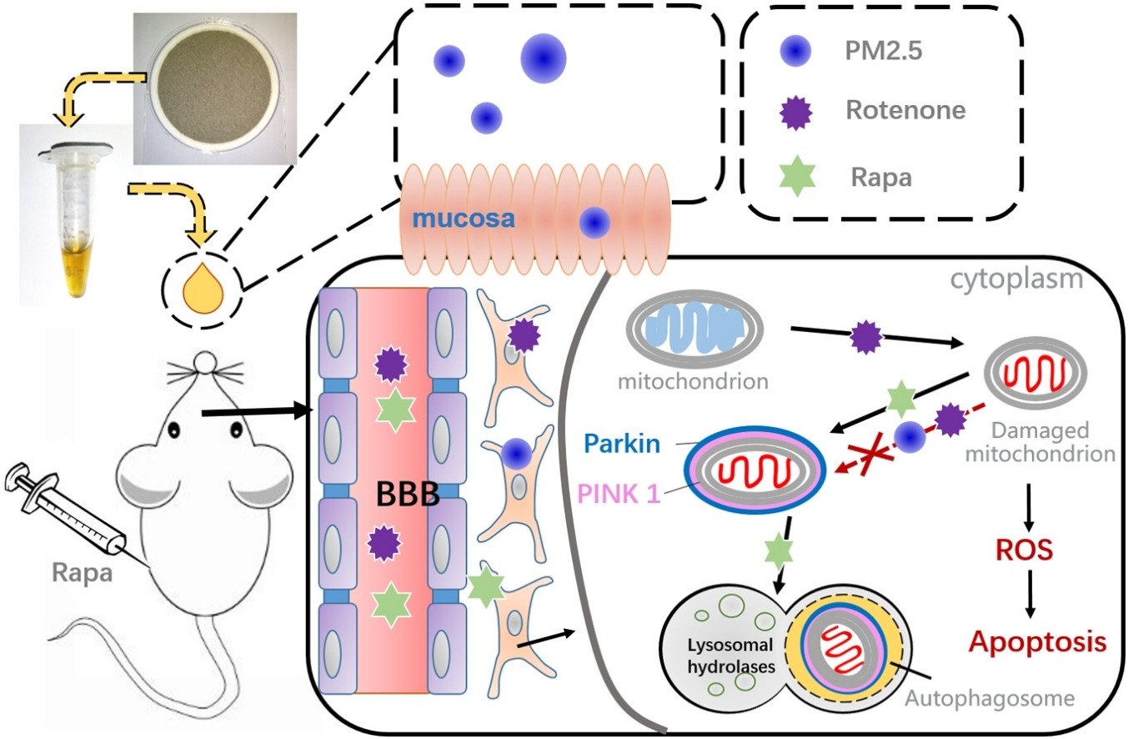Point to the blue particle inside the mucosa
594,222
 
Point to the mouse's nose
203,362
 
